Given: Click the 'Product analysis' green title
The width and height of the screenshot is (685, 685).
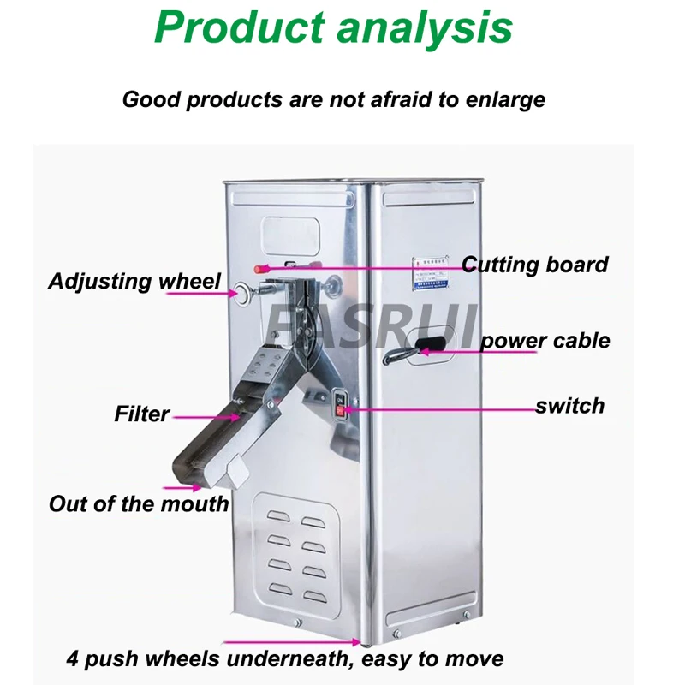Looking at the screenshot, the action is (334, 28).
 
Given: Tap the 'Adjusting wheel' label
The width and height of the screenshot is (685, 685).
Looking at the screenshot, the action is (134, 281).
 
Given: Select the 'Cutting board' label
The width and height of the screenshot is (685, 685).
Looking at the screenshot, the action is (535, 265).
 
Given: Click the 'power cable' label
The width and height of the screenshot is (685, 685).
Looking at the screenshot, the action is (545, 341).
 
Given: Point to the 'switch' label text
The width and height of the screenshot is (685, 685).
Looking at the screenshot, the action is (569, 405).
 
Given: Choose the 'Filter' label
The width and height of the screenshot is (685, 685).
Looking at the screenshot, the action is (141, 414).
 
